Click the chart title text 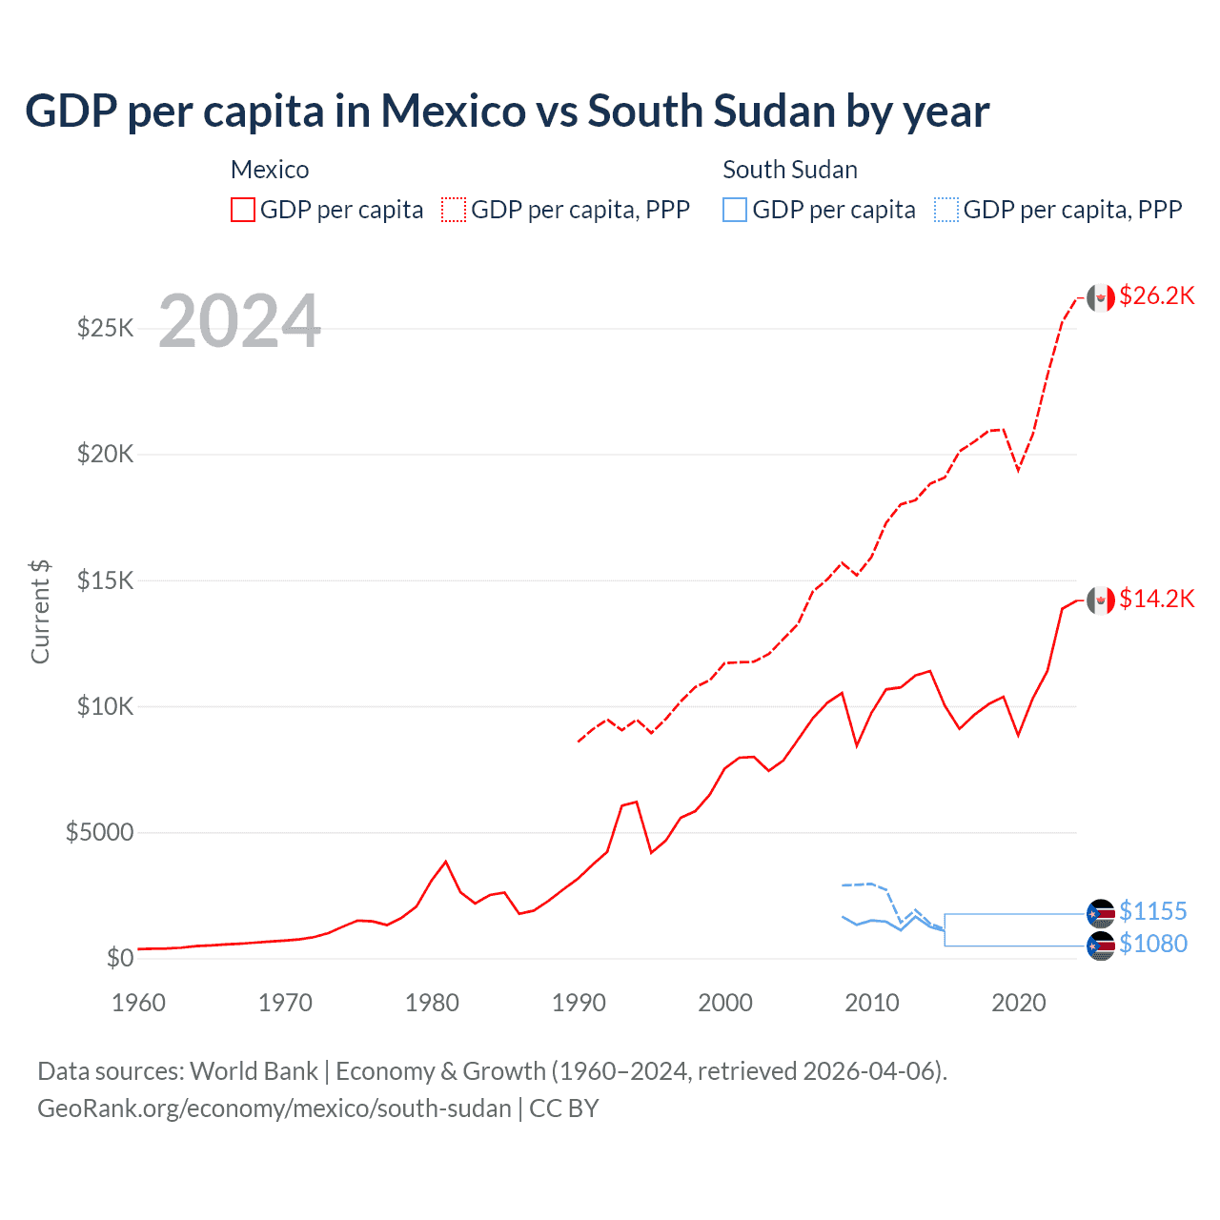pos(507,112)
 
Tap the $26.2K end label pos(1156,296)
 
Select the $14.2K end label pos(1156,599)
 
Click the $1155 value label pos(1152,912)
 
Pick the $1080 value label pos(1152,945)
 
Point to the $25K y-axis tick pos(106,329)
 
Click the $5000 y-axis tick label pos(99,833)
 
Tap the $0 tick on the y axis pos(119,958)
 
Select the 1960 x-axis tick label pos(138,1003)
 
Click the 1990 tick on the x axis pos(579,1003)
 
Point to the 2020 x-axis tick pos(1019,1003)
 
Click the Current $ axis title pos(40,612)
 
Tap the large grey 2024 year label pos(239,321)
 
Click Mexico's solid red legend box pos(243,210)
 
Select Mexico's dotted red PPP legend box pos(454,210)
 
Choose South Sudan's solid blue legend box pos(735,210)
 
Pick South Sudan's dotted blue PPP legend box pos(945,210)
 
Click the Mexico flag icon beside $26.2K pos(1101,298)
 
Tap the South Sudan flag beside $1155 pos(1101,913)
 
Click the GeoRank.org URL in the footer pos(274,1108)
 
